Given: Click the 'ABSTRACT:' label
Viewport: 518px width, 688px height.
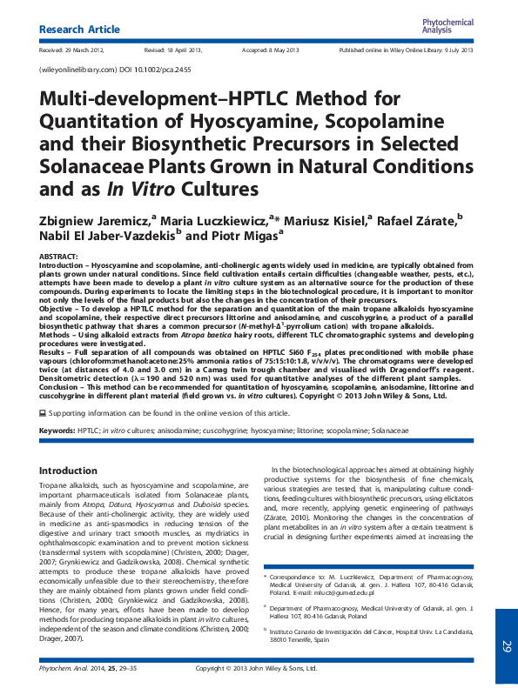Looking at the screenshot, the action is [58, 257].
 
